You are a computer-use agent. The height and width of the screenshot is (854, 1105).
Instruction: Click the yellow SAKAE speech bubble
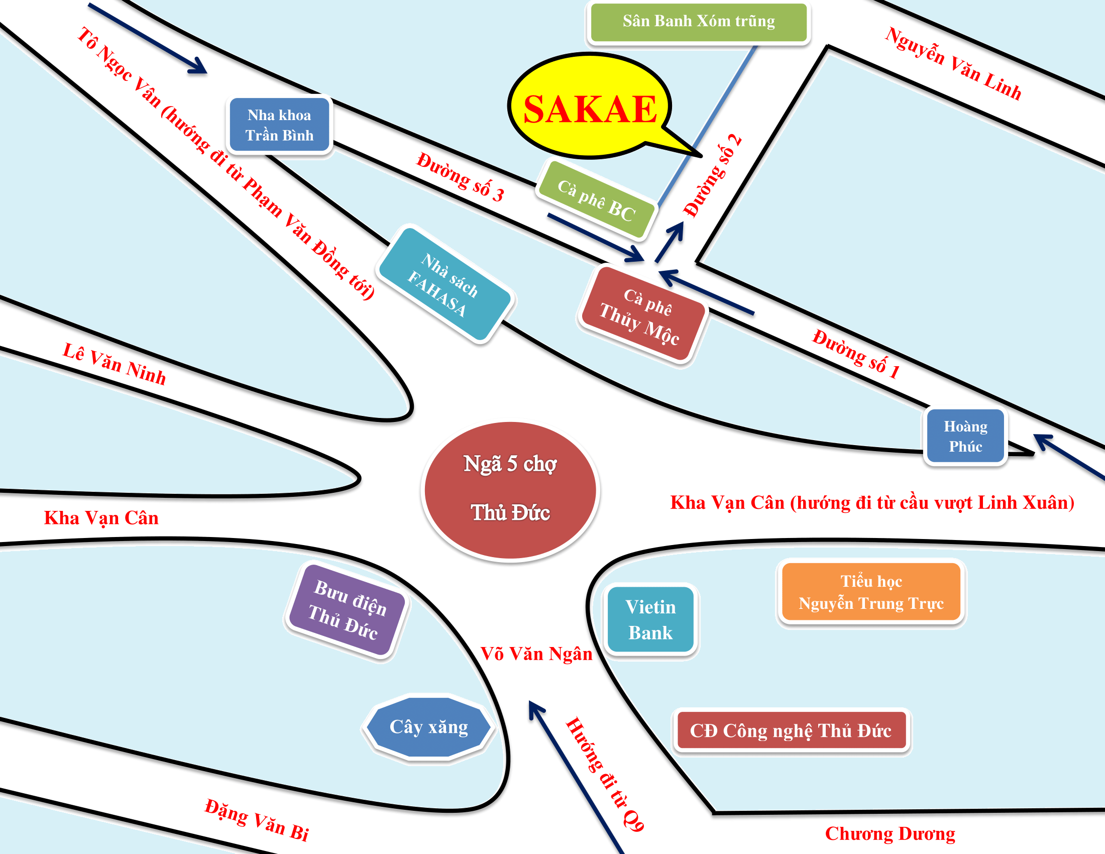pos(590,108)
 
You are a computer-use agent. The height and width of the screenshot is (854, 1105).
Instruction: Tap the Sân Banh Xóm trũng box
pos(698,22)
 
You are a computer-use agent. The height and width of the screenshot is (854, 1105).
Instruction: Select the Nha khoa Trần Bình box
pos(279,125)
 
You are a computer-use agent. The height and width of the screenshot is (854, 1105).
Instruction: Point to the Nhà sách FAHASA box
pos(445,285)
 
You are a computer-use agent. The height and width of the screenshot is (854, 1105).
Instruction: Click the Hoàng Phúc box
pos(965,436)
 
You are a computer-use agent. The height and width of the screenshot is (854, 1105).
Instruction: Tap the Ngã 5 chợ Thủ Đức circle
pos(510,490)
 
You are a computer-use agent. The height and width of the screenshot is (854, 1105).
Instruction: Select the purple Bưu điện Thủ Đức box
pos(348,611)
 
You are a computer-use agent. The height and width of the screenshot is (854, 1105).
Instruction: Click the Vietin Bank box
pos(650,619)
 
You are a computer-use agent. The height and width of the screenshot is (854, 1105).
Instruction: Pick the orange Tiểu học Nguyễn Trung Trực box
pos(871,592)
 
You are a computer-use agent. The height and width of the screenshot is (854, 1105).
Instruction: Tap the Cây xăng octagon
pos(428,727)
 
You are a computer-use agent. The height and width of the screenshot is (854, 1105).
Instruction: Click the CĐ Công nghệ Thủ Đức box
pos(791,730)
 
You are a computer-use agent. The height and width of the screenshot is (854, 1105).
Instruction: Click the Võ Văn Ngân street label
pos(536,654)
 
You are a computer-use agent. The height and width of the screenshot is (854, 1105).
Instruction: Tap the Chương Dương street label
pos(890,833)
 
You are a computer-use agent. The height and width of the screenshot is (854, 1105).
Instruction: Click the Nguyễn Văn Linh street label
pos(953,64)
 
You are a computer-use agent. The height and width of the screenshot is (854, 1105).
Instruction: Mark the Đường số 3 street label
pos(460,177)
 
